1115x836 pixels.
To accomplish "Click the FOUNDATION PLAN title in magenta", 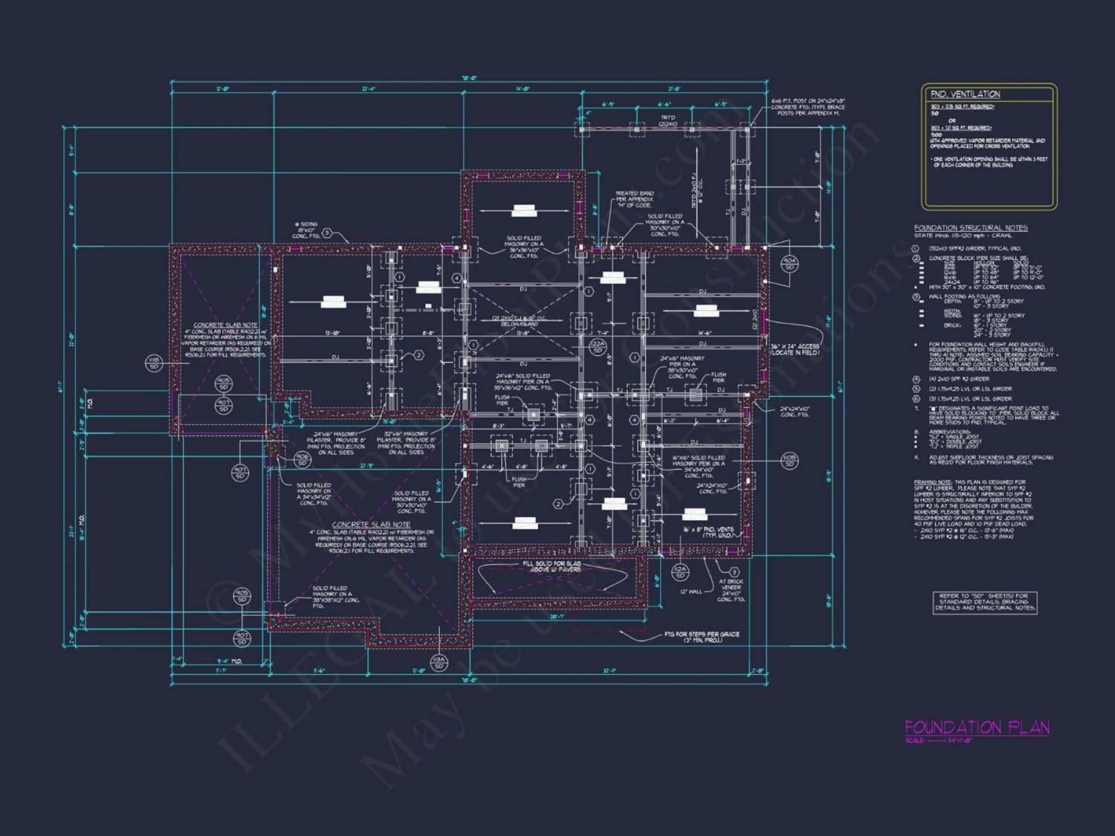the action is click(977, 728).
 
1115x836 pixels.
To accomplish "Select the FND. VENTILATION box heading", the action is click(965, 94).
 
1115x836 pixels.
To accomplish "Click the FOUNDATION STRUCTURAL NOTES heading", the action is click(971, 228).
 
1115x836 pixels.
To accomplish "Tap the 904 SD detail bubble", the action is click(789, 264).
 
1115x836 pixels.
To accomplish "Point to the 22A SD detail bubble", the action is click(598, 346).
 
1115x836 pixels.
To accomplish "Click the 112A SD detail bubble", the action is click(679, 571).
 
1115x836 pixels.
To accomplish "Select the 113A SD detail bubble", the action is click(439, 662).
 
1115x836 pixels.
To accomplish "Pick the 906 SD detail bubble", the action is click(302, 459).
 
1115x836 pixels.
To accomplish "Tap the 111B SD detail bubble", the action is click(154, 363).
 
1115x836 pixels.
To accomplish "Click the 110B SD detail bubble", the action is click(789, 461).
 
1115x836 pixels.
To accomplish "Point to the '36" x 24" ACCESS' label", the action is click(795, 349).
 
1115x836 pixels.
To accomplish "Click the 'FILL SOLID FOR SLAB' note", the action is click(552, 566).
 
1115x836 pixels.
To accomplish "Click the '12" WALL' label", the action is click(690, 592).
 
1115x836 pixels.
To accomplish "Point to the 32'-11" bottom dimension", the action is click(610, 671).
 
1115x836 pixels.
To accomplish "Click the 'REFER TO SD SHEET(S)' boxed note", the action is click(984, 602).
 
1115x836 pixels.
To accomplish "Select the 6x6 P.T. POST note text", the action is click(808, 107).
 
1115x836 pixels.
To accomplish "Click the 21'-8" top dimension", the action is click(674, 89).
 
